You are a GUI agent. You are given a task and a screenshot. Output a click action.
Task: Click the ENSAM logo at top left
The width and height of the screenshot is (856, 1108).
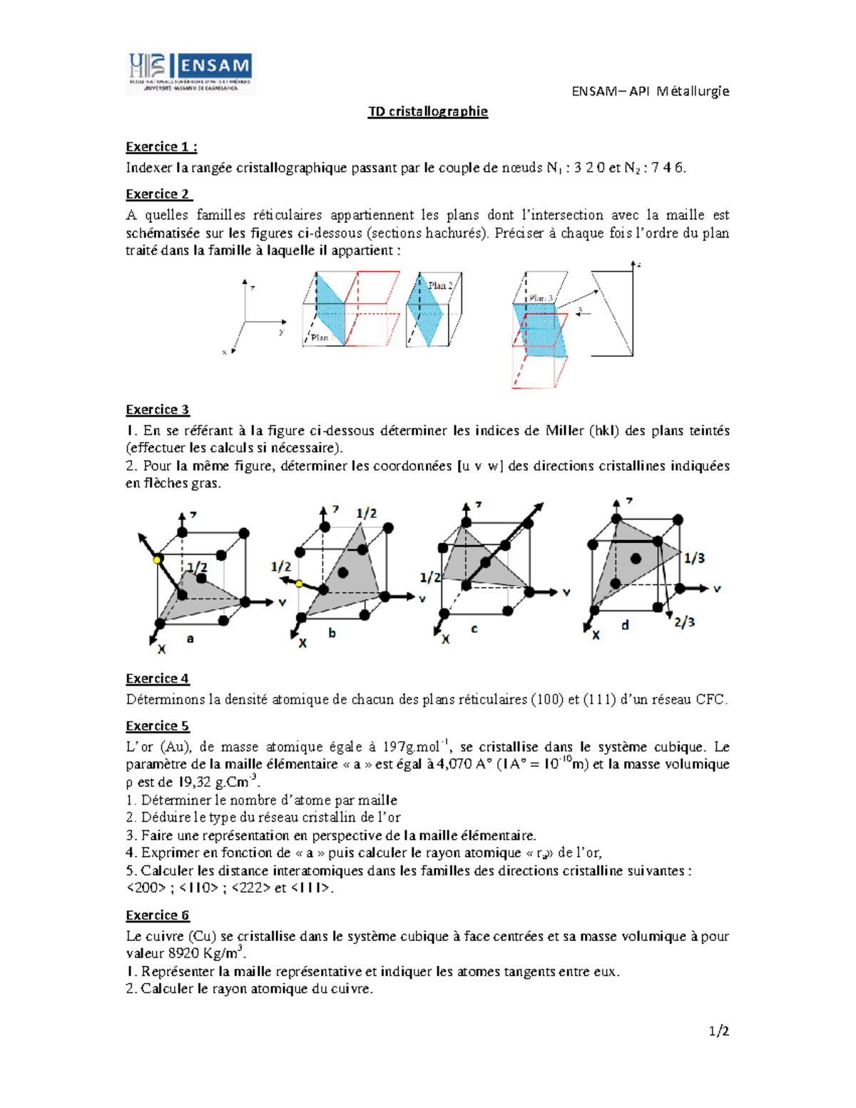[190, 73]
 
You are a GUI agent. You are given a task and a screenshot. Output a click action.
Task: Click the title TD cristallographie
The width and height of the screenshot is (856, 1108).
[427, 111]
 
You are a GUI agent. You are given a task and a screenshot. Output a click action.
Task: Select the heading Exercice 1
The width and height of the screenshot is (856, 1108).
[161, 147]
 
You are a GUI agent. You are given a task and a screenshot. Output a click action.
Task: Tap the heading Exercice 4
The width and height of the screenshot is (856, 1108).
[158, 678]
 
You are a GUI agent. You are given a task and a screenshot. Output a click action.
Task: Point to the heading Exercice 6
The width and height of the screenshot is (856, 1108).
[158, 915]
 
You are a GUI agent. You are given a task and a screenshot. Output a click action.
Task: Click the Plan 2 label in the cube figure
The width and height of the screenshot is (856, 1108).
[440, 285]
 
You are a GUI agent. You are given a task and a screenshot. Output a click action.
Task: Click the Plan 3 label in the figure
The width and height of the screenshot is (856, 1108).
[541, 298]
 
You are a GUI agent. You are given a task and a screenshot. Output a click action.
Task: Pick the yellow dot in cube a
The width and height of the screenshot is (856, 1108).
[157, 560]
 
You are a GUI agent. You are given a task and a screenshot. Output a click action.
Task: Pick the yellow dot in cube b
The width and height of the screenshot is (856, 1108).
[300, 584]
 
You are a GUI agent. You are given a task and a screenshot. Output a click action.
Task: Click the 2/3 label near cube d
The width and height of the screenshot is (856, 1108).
[685, 622]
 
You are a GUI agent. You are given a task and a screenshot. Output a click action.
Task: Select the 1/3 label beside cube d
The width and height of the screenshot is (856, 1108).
[694, 558]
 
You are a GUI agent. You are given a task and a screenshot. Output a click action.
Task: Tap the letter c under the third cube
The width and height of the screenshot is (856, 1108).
[474, 629]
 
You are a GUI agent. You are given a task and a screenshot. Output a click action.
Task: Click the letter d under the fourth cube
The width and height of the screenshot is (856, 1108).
[625, 625]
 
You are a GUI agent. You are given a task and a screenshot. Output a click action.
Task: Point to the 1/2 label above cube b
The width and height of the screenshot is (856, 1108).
[367, 513]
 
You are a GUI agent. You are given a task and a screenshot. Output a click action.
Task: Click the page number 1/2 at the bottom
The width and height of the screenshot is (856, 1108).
[718, 1031]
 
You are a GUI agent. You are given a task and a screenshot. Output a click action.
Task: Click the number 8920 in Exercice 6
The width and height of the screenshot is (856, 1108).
[184, 954]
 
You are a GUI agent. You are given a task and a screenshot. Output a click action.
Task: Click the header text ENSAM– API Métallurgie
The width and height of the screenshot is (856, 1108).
[650, 91]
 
